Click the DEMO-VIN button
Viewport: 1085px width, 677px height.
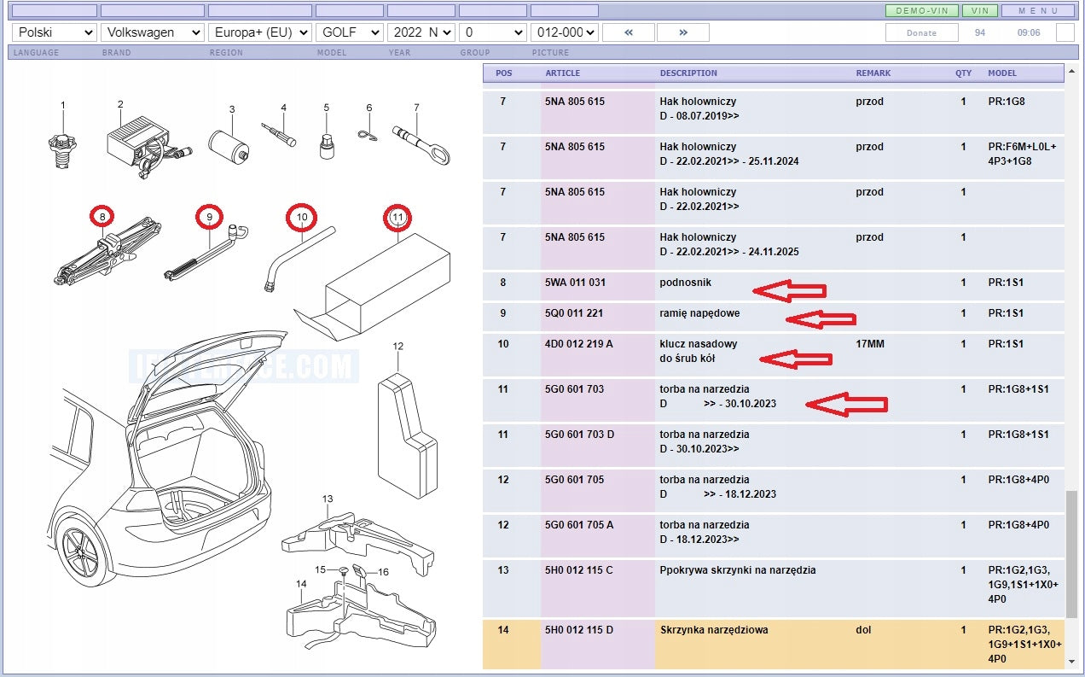pos(921,10)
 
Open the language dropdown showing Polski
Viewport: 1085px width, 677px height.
pos(55,32)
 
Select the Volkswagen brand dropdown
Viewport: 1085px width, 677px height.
pos(153,32)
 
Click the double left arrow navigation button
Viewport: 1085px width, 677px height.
pos(629,32)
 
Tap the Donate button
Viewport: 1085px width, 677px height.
pos(921,33)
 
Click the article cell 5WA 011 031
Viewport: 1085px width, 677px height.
pos(575,283)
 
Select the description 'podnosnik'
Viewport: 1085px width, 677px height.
pos(685,283)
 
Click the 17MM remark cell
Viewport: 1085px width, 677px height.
pos(869,344)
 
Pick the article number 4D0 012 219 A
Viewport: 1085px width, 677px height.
pos(579,344)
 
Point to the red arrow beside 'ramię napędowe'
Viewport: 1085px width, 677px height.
pos(821,319)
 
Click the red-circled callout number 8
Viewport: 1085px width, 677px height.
pos(102,216)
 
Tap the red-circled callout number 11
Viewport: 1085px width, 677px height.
pos(397,217)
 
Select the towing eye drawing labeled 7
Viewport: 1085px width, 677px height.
pos(421,144)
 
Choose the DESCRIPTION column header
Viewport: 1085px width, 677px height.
pos(688,73)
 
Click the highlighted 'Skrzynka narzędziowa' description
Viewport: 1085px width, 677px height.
pos(714,630)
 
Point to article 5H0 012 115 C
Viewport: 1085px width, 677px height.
pos(579,569)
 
